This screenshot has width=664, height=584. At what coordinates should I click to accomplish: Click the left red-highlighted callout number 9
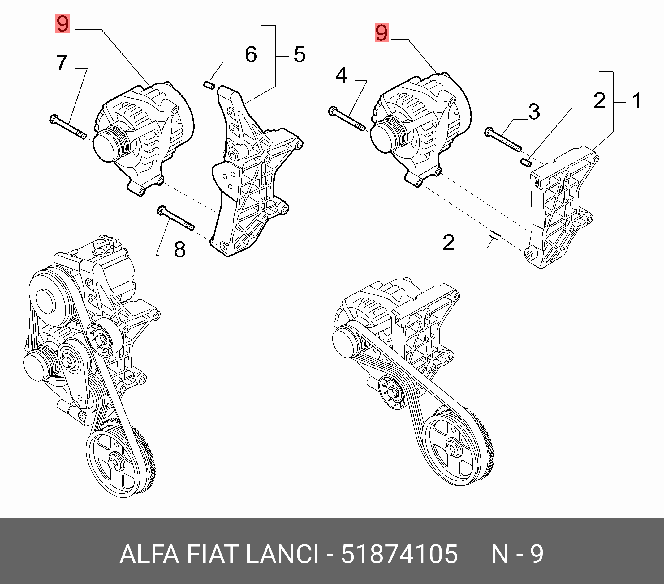[x=63, y=23]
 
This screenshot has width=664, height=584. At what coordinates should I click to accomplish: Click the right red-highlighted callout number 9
[x=382, y=33]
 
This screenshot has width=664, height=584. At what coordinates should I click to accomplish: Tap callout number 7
[x=62, y=62]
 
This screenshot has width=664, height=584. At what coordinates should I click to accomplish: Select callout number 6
[x=251, y=54]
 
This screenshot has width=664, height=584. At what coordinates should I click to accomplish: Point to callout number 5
[x=299, y=54]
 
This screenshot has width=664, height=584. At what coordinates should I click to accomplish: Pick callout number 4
[x=341, y=75]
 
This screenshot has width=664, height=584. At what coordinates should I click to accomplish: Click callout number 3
[x=534, y=111]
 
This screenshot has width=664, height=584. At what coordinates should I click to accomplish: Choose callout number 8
[x=180, y=249]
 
